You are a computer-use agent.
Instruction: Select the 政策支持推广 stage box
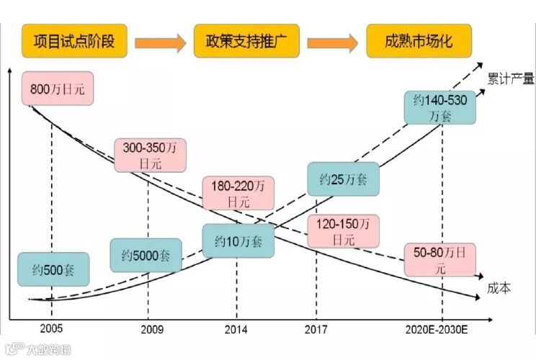[246, 40]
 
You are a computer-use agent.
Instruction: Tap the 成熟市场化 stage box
[419, 40]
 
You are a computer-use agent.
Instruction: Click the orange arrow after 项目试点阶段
[161, 42]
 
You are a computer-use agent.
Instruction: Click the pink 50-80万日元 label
[439, 259]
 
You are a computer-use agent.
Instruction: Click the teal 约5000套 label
[146, 255]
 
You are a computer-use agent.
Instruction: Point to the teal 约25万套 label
[342, 179]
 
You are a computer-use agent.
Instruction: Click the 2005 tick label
[51, 328]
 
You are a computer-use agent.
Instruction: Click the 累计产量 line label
[510, 78]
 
